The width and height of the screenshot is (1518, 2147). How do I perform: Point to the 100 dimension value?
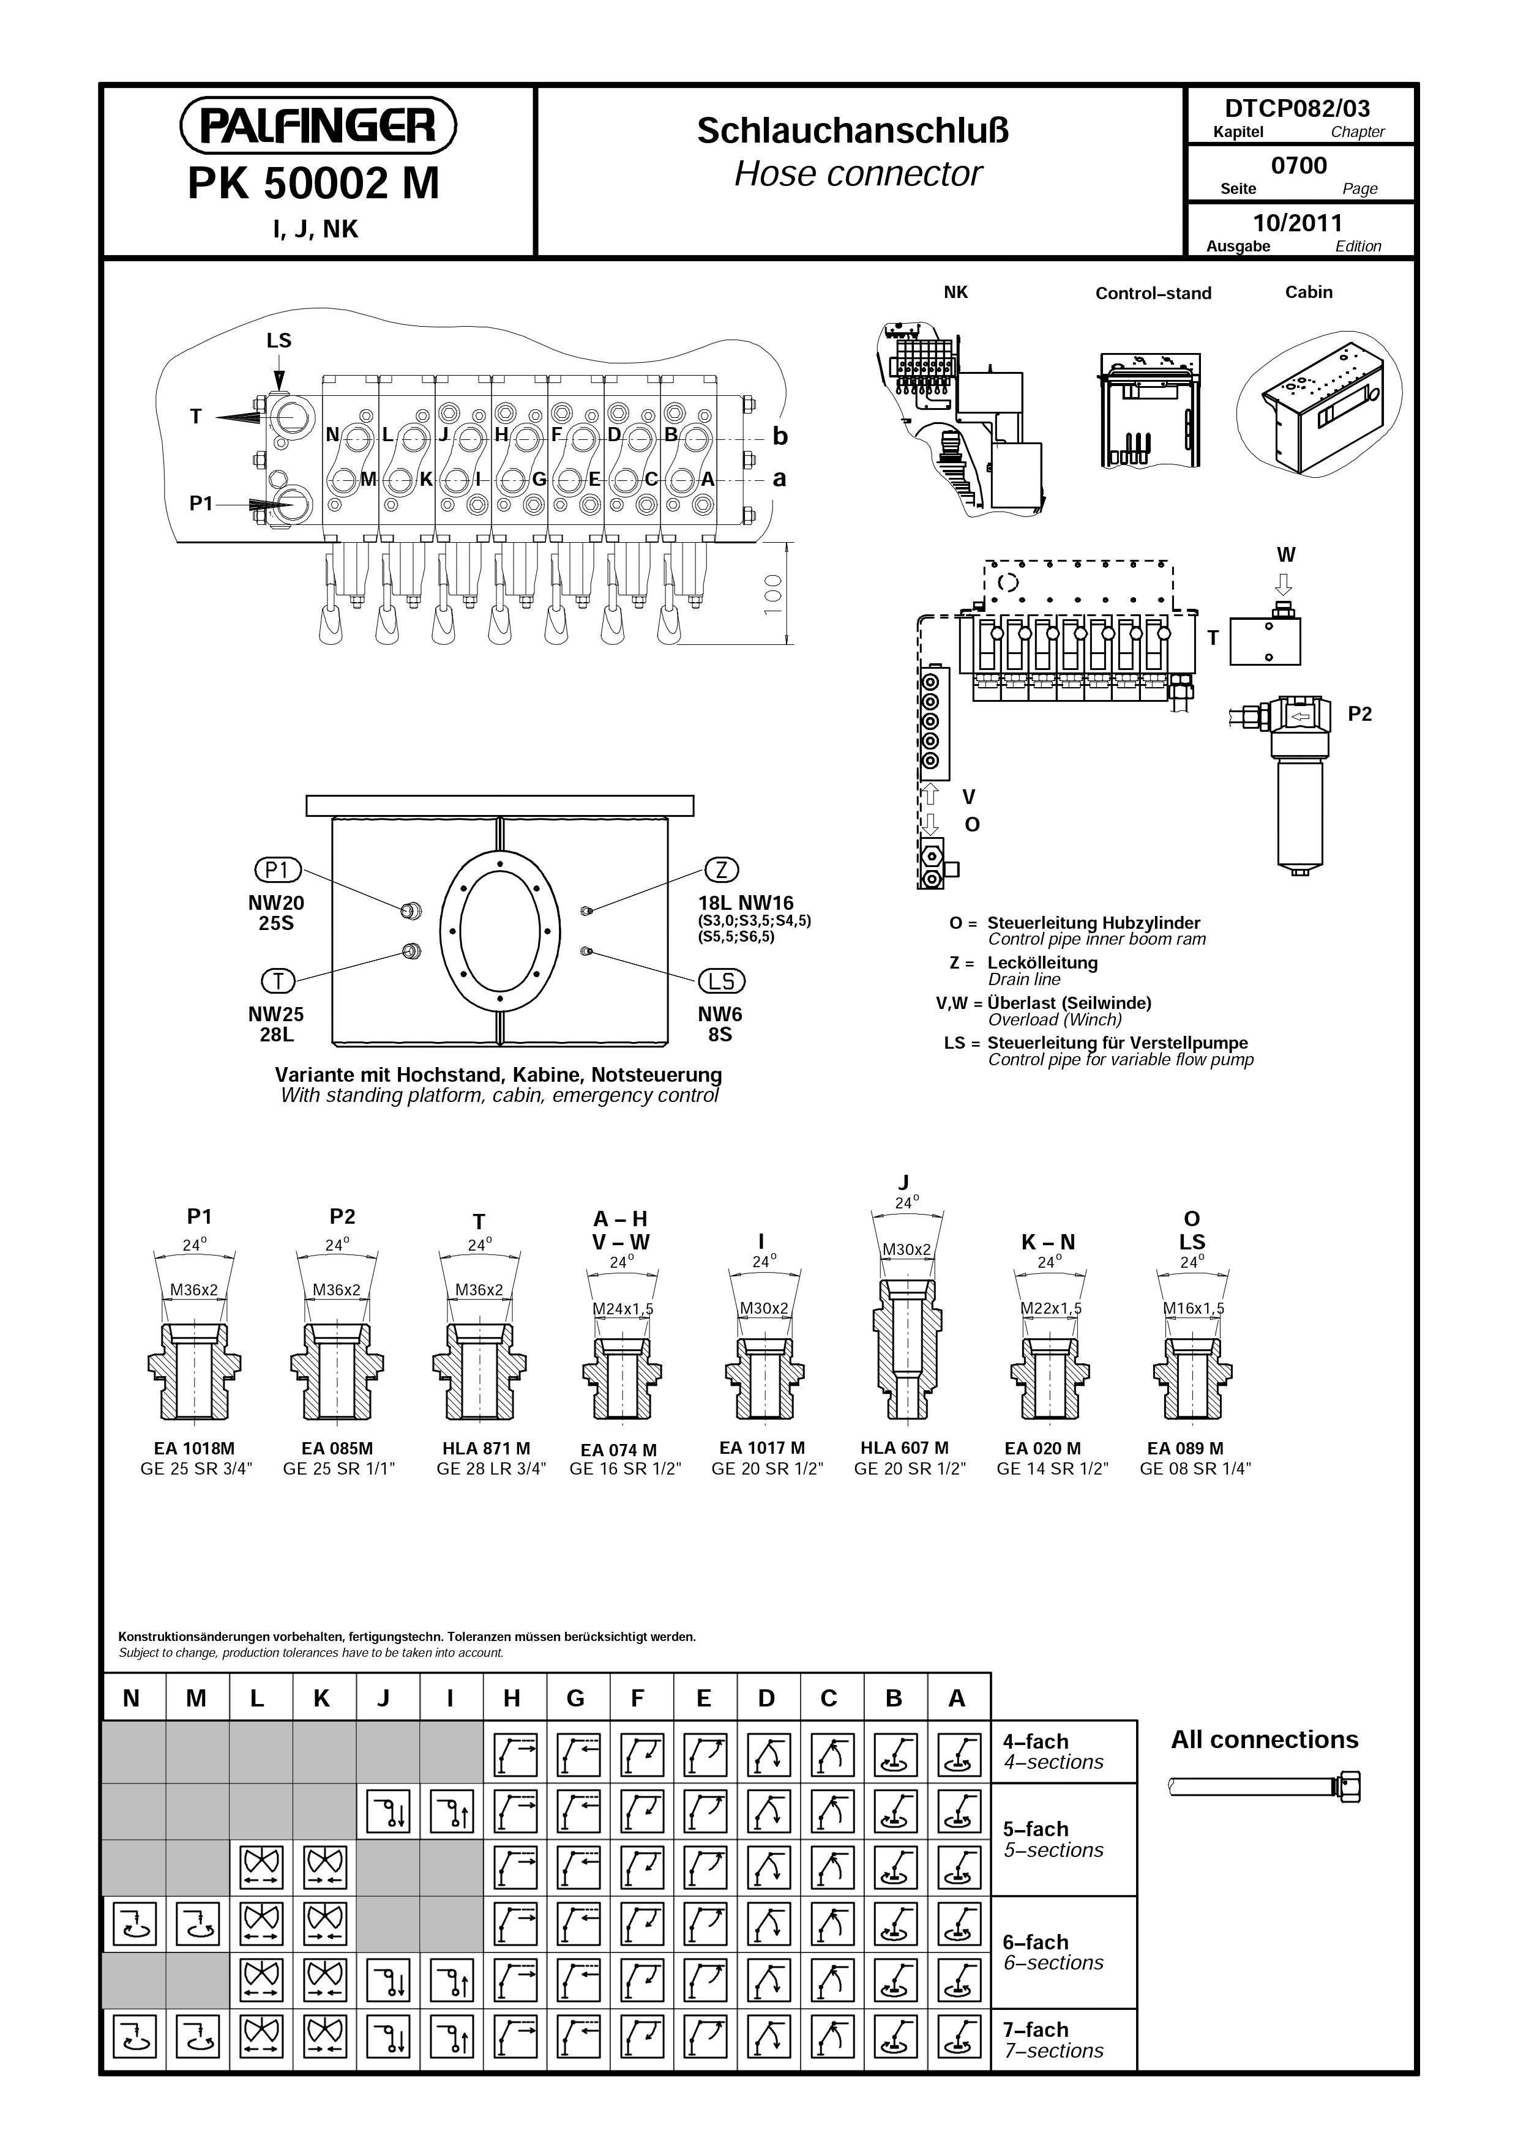coord(772,593)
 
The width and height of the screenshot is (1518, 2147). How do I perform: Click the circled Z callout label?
coord(721,869)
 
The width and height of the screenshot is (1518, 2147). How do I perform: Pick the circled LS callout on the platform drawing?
coord(721,981)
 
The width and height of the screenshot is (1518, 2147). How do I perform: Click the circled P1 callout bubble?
coord(278,869)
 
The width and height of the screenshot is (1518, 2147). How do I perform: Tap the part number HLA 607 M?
coord(905,1448)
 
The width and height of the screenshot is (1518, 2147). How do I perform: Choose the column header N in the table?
coord(131,1698)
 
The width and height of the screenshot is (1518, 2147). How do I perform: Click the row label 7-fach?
coord(1036,2030)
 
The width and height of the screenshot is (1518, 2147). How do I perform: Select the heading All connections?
coord(1265,1740)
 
